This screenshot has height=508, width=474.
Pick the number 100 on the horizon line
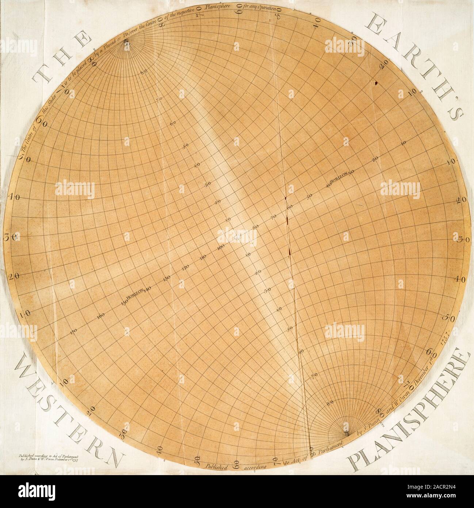pyautogui.click(x=221, y=247)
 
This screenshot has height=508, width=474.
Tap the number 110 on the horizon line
pyautogui.click(x=203, y=258)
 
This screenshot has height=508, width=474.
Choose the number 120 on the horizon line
pyautogui.click(x=185, y=268)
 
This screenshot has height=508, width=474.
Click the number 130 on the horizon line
pyautogui.click(x=168, y=278)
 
